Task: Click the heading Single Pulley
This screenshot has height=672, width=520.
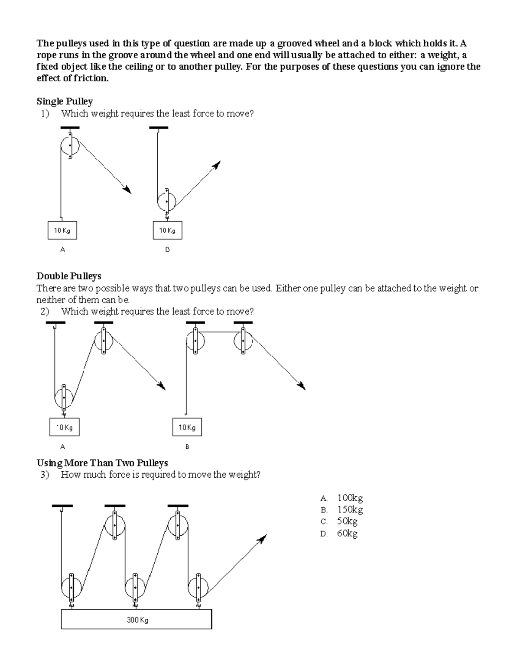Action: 65,101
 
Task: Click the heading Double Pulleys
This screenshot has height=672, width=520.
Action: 69,276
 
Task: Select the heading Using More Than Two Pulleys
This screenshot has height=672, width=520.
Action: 102,463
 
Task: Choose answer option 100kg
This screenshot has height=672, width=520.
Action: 350,498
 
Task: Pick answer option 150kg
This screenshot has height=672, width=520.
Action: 350,510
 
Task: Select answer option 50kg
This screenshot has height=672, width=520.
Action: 347,521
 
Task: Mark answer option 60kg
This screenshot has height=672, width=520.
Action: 347,534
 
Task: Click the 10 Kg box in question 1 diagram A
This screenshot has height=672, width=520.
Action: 62,231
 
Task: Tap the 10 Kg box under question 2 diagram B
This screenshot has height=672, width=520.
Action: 187,428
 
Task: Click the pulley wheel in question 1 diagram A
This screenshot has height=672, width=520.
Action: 70,146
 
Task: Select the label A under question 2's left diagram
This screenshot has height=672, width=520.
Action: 62,447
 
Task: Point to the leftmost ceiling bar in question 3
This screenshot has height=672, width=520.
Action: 62,505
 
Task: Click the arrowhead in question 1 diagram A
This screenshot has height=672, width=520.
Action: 127,190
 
